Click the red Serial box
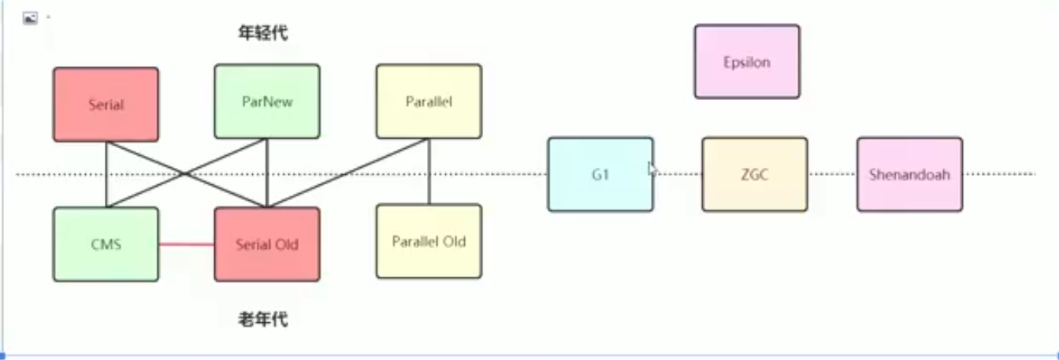[106, 104]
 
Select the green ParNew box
[267, 102]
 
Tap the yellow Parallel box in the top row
[429, 102]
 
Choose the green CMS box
[106, 244]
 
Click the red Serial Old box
[267, 244]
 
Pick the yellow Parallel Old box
[429, 241]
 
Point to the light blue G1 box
[600, 174]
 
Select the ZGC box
[754, 174]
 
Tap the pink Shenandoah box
[909, 174]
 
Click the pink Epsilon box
[747, 61]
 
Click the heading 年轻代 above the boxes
[264, 33]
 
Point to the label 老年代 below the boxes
[264, 319]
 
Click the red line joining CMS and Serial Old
[187, 244]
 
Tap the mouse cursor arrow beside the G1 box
[652, 168]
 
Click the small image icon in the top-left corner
[30, 18]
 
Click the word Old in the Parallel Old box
[452, 241]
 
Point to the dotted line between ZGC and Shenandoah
[832, 174]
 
